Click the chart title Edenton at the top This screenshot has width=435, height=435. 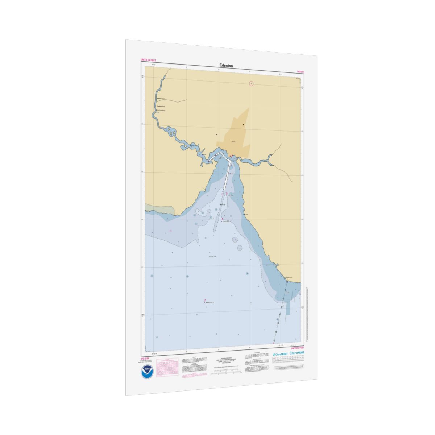[226, 66]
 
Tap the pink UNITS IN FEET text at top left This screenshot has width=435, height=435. [148, 60]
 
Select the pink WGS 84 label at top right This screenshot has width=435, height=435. [301, 72]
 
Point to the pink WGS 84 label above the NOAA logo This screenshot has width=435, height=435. [145, 358]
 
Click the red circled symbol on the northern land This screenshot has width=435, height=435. [251, 83]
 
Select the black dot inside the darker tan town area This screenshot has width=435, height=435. [244, 125]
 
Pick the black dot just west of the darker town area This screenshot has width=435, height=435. [217, 134]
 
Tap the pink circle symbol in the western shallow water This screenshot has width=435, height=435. [171, 230]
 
